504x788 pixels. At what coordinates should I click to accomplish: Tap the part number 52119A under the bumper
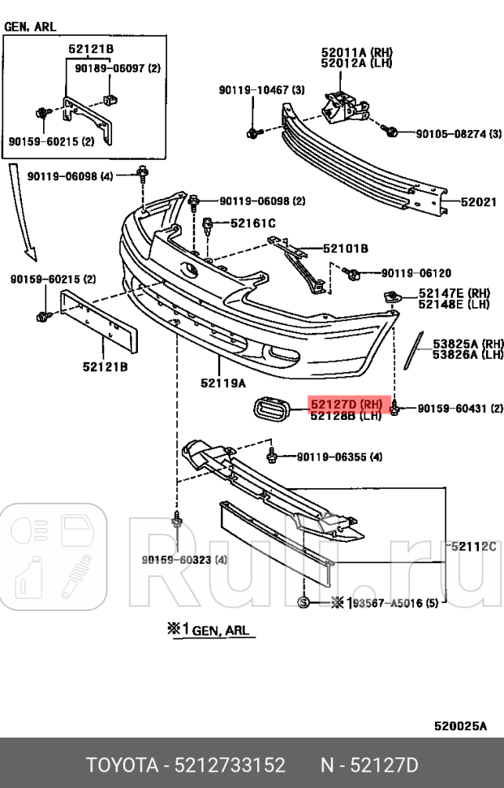pyautogui.click(x=223, y=380)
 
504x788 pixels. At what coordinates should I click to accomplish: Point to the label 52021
pyautogui.click(x=479, y=201)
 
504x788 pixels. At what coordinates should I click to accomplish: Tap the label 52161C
pyautogui.click(x=252, y=223)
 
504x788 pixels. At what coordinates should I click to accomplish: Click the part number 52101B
pyautogui.click(x=345, y=248)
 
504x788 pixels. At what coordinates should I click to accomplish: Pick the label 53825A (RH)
pyautogui.click(x=467, y=343)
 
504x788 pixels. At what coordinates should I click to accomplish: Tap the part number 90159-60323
pyautogui.click(x=184, y=560)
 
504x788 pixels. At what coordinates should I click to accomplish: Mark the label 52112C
pyautogui.click(x=473, y=547)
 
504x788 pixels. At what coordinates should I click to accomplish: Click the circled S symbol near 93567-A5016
pyautogui.click(x=303, y=602)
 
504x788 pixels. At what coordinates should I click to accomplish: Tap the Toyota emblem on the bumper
pyautogui.click(x=189, y=271)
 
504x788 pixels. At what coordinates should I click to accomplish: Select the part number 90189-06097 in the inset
pyautogui.click(x=118, y=68)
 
